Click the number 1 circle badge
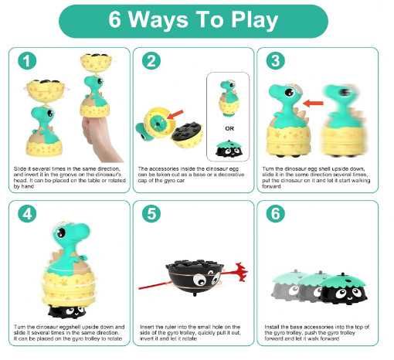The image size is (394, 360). [27, 61]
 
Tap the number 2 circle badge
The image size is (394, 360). [151, 61]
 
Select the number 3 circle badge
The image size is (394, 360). [276, 61]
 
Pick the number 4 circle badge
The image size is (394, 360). [27, 214]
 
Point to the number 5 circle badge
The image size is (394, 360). [151, 214]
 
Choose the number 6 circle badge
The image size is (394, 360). [276, 214]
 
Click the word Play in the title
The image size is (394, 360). [254, 21]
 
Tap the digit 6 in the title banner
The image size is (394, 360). [114, 19]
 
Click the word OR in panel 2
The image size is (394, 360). [229, 128]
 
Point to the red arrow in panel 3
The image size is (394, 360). [313, 104]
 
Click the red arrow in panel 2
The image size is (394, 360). [175, 114]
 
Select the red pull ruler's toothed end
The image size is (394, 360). [240, 272]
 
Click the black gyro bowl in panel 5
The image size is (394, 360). [195, 276]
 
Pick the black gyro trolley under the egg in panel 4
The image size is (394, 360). [67, 311]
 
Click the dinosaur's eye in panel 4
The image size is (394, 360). [61, 233]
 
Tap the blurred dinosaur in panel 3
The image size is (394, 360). [342, 121]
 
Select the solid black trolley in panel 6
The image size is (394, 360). [344, 290]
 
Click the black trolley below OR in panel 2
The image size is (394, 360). [229, 149]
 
